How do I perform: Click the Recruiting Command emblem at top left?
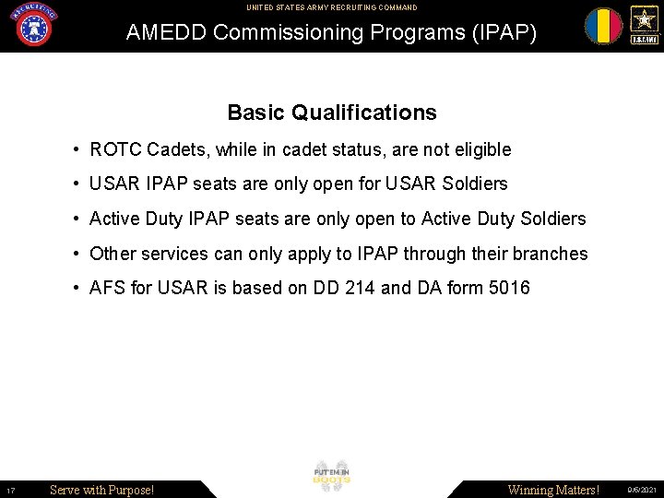33,25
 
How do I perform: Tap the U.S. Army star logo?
643,25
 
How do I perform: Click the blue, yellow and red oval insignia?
603,26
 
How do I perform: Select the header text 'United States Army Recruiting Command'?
331,7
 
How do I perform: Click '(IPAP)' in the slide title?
504,32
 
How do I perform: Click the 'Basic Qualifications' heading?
332,113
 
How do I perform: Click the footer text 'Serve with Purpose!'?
101,490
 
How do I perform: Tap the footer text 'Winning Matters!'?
553,490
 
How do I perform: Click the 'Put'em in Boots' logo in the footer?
332,475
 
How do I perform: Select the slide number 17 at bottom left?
9,490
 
